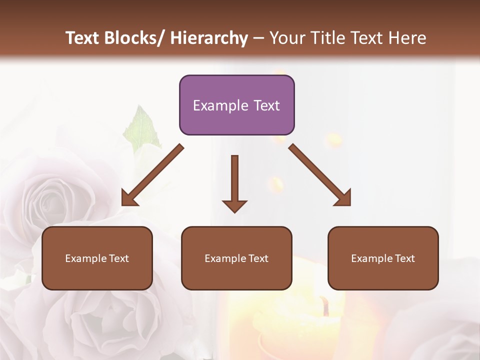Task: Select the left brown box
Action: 97,258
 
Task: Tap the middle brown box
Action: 236,258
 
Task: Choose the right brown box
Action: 383,258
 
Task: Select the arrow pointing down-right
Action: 320,175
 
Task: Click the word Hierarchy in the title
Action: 209,38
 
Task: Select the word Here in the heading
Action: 408,38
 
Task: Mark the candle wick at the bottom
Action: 325,306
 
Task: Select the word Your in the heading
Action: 286,38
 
